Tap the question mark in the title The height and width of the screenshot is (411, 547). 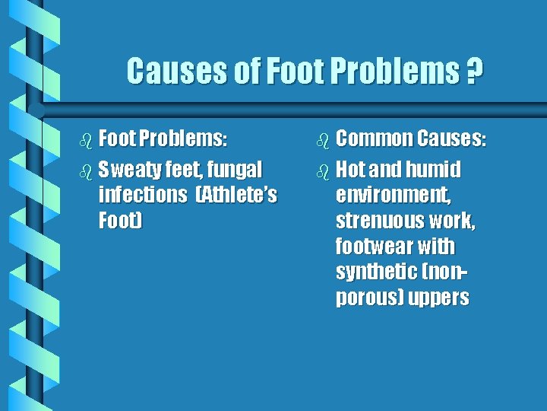click(473, 72)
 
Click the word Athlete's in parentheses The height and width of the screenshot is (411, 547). click(236, 195)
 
